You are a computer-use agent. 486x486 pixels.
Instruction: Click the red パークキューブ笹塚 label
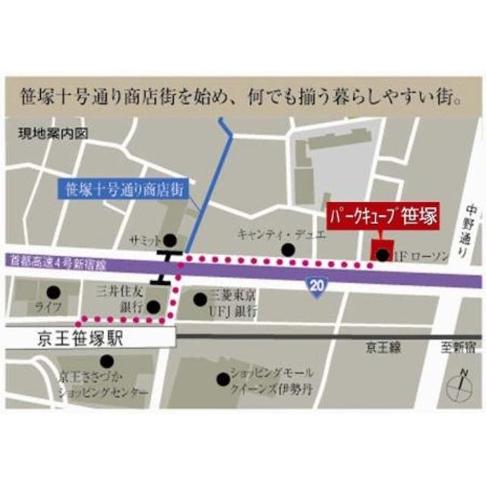click(382, 216)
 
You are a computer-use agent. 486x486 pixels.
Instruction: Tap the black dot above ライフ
click(52, 291)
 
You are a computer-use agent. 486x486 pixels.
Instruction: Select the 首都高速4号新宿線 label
click(58, 261)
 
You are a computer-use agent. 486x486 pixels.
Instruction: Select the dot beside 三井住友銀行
click(153, 308)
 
